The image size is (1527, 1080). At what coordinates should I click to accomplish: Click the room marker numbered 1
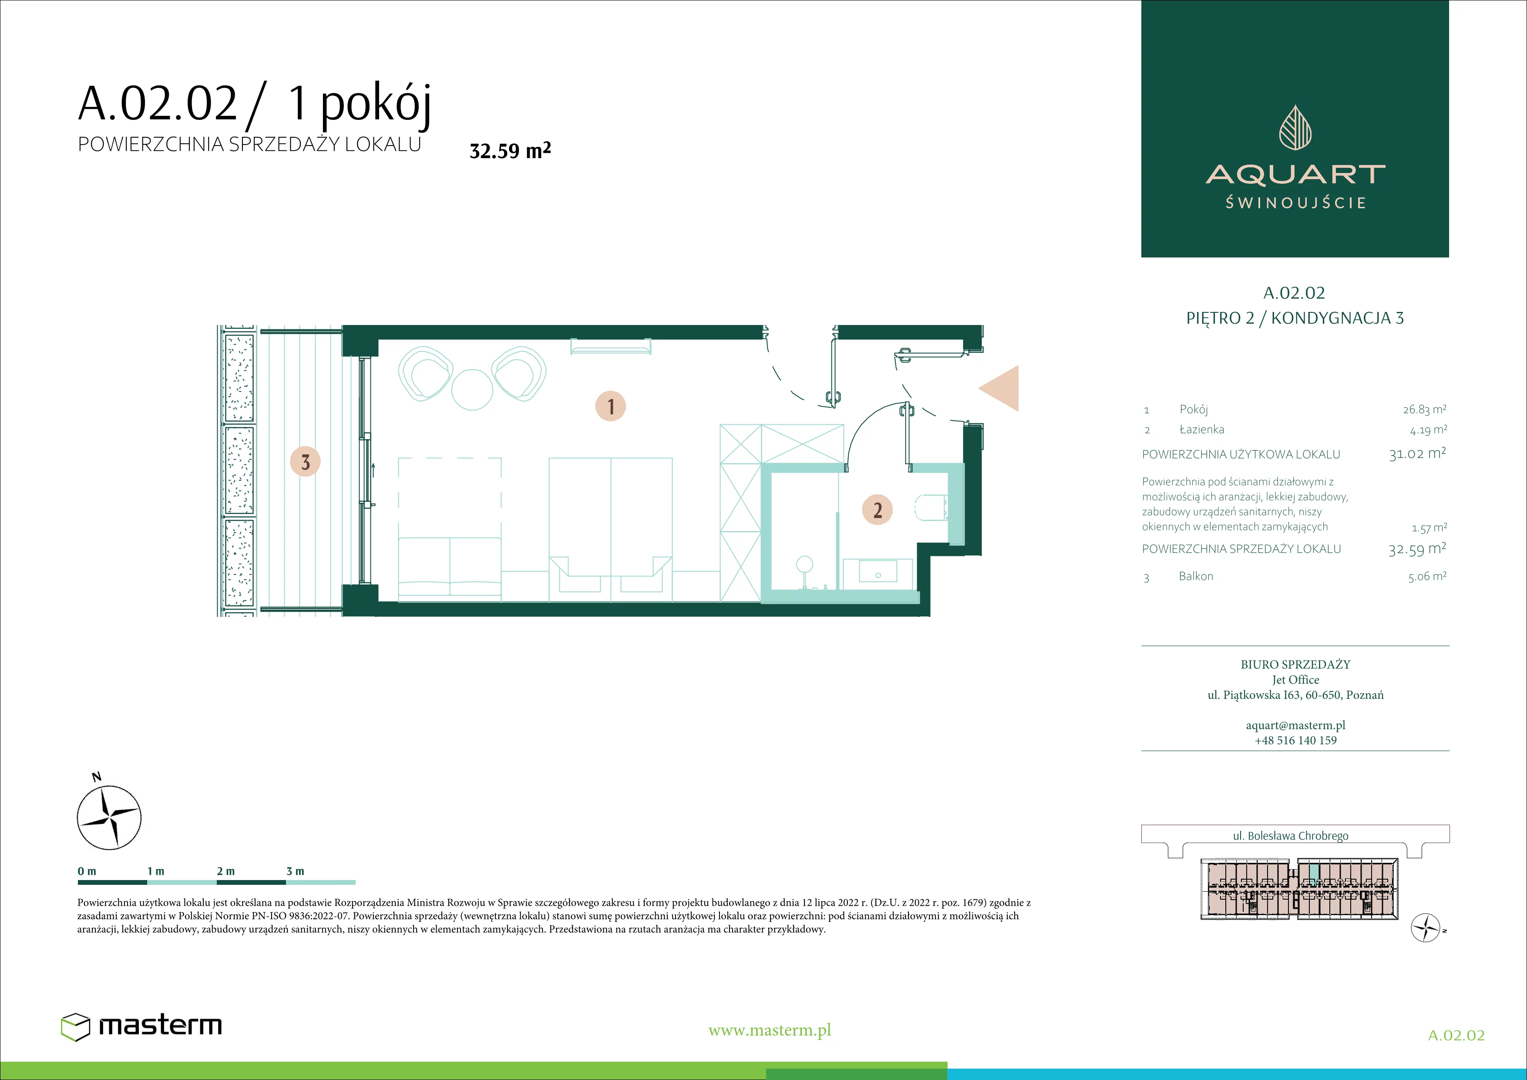[x=611, y=406]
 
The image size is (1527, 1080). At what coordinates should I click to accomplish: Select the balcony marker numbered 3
[x=305, y=462]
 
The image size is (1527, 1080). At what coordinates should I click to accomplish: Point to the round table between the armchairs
[x=472, y=390]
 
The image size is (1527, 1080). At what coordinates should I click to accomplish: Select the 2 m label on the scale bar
[x=225, y=871]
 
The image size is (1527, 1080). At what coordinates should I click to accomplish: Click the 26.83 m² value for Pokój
[x=1425, y=409]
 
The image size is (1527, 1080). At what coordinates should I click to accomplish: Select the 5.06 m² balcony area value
[x=1427, y=576]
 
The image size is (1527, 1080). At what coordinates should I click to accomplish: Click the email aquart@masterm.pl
[x=1295, y=725]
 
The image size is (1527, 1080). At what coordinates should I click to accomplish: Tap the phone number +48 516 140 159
[x=1295, y=740]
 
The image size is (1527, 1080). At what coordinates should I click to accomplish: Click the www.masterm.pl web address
[x=770, y=1030]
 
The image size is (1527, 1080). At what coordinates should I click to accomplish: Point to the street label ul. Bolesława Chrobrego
[x=1290, y=836]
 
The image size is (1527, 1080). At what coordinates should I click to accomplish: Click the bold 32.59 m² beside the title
[x=510, y=150]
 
